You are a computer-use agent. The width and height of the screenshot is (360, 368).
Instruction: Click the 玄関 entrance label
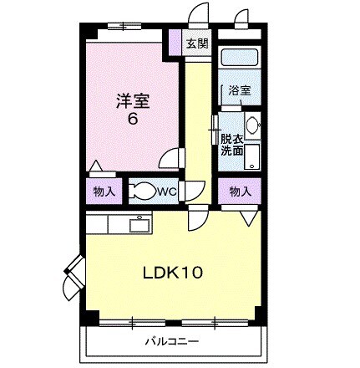click(198, 44)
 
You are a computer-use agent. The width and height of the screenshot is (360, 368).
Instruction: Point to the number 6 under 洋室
click(131, 119)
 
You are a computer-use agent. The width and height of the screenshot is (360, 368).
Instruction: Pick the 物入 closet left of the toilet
click(104, 192)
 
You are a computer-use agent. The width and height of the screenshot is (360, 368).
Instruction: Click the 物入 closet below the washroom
click(240, 192)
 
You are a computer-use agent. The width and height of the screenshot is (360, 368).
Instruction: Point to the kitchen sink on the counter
click(138, 223)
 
